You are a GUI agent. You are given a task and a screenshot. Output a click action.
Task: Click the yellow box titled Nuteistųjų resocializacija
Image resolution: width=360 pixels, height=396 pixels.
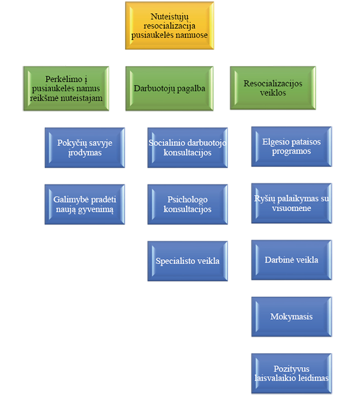coord(169,26)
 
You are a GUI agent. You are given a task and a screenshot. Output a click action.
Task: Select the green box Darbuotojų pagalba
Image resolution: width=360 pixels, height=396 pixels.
coord(169,88)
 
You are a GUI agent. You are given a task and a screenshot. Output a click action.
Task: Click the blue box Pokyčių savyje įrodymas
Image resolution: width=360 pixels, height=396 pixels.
coord(85,148)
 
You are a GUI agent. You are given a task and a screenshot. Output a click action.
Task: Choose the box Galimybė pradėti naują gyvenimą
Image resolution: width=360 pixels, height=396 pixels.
coord(85,203)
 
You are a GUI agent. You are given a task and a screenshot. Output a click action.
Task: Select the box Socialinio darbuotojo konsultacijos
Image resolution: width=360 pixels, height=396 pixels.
coord(188,148)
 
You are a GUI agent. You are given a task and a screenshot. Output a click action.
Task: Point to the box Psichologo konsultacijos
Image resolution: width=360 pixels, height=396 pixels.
coord(188,204)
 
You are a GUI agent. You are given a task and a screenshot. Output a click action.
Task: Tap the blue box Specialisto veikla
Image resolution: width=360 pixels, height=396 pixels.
coord(188,261)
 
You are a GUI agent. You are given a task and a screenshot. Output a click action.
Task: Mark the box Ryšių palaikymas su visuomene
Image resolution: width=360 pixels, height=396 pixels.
coord(291,203)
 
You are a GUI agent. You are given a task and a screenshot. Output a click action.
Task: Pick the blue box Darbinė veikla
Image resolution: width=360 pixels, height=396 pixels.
coord(291,260)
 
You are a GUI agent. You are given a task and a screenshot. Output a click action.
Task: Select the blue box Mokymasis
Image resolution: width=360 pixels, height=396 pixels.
coord(291,316)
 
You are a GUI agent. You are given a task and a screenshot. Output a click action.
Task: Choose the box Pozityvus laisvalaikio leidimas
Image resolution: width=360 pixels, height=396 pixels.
coord(291,373)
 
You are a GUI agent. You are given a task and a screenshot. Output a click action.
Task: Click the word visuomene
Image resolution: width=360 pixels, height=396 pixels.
coord(291,208)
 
